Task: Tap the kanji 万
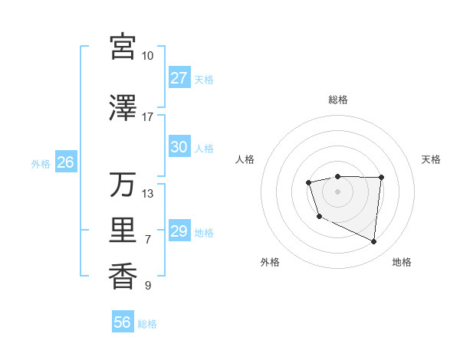(123, 185)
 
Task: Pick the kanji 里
(123, 230)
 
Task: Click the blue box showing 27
(179, 78)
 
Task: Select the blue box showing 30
(179, 147)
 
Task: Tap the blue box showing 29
(179, 231)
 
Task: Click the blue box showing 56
(123, 322)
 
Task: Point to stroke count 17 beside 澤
(147, 117)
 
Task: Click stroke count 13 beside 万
(148, 194)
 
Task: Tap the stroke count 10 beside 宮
(147, 56)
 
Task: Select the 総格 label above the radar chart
(338, 100)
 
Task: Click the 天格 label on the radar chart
(432, 159)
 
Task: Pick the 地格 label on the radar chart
(402, 262)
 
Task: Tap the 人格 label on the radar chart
(245, 159)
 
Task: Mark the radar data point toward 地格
(374, 242)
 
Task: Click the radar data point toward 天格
(382, 177)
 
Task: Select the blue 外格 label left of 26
(41, 163)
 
